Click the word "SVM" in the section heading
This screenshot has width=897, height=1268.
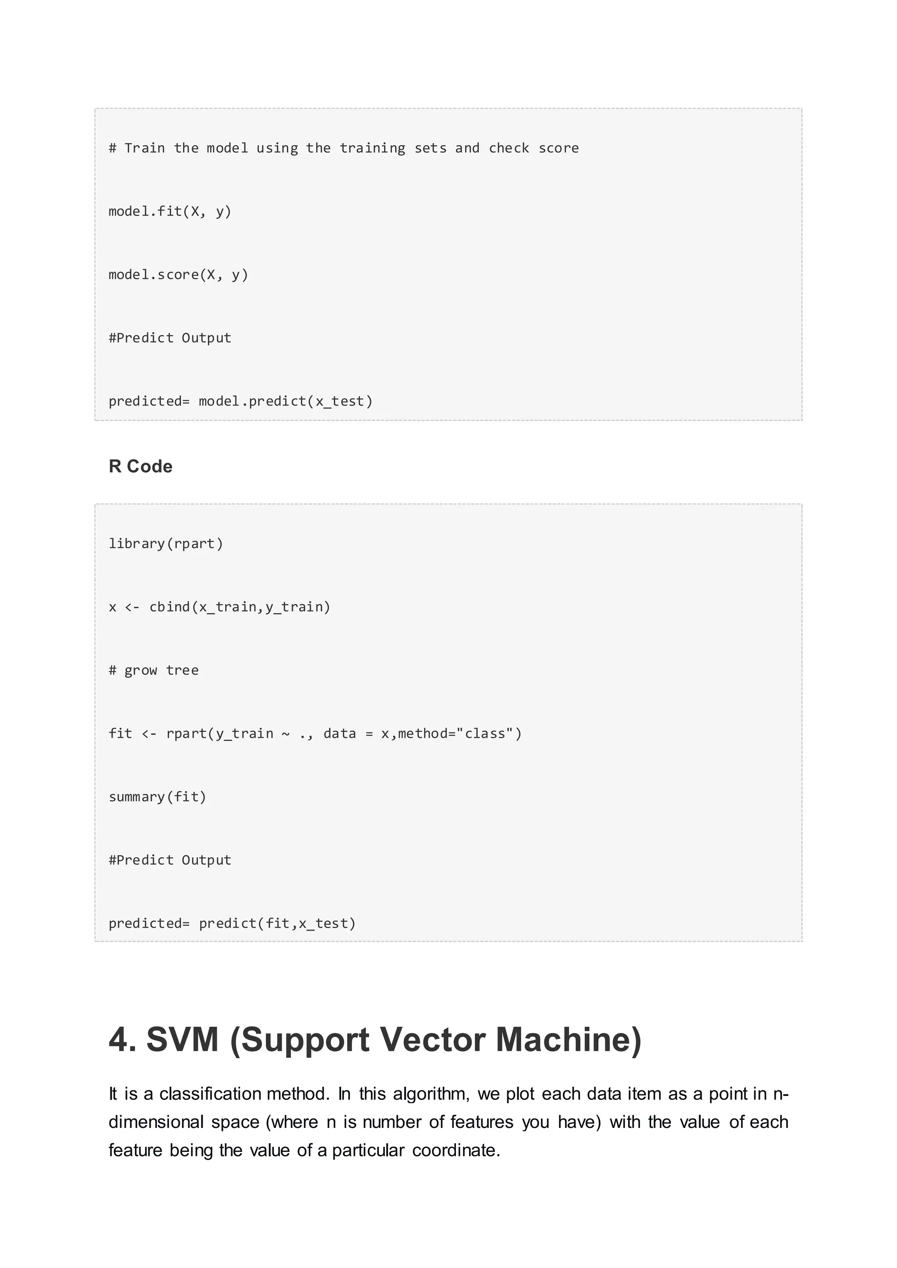point(182,1039)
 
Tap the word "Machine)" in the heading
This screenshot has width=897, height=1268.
point(569,1039)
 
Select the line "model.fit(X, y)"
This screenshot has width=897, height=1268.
point(170,211)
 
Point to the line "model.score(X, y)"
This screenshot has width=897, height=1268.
point(178,275)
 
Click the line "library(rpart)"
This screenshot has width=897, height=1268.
point(166,543)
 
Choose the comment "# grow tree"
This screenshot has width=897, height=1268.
point(154,670)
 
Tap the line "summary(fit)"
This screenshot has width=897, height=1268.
point(157,796)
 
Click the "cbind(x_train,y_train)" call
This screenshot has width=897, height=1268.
point(240,607)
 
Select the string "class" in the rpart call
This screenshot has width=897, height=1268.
point(485,733)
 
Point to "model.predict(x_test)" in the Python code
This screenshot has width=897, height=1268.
point(286,401)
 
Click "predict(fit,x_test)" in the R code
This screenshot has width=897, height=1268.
point(277,923)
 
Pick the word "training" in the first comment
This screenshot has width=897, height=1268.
point(372,148)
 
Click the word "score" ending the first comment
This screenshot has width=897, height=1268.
point(558,148)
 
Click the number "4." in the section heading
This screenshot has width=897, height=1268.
point(122,1039)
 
